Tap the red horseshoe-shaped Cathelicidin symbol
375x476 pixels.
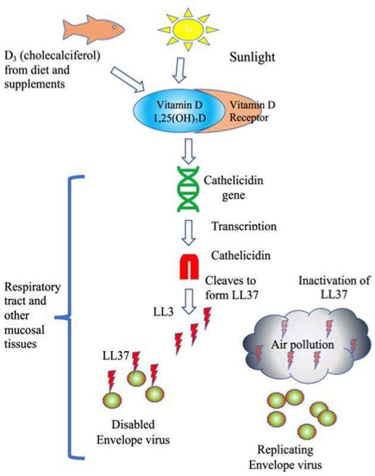click(187, 265)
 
